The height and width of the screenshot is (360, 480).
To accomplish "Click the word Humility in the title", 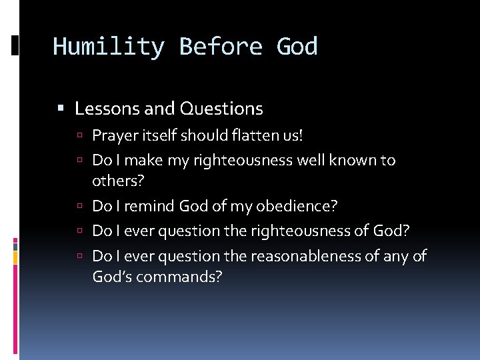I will coord(108,47).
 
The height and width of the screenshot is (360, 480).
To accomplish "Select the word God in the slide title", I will coord(297,47).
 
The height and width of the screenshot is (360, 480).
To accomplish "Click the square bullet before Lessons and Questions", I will coord(61,108).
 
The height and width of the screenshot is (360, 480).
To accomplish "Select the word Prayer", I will coord(113,136).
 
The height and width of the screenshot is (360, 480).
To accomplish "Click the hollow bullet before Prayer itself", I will coord(79,136).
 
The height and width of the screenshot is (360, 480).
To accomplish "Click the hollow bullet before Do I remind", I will coord(79,207).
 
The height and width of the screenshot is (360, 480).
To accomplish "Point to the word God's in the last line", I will coord(111,276).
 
